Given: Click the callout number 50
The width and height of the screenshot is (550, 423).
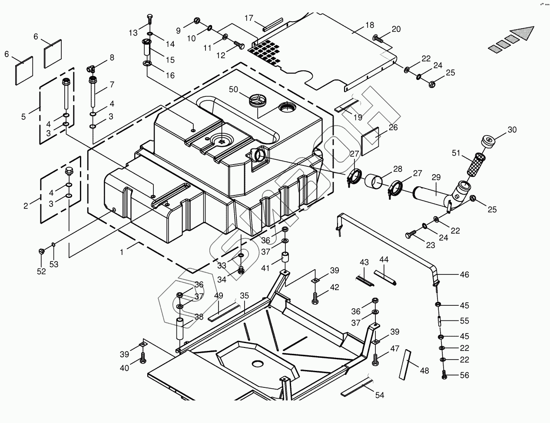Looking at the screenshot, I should pyautogui.click(x=234, y=89).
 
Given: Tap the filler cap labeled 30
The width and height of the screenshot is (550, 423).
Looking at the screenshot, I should pyautogui.click(x=489, y=142).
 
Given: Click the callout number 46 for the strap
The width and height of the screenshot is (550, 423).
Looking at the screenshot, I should pyautogui.click(x=464, y=274).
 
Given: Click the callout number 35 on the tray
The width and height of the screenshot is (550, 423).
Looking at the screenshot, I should pyautogui.click(x=245, y=296).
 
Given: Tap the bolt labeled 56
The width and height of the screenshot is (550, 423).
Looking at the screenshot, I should pyautogui.click(x=444, y=374).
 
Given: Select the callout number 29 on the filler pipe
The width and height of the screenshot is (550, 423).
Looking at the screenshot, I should pyautogui.click(x=436, y=178).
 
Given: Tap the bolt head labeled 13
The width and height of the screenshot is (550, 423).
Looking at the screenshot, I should pyautogui.click(x=149, y=19).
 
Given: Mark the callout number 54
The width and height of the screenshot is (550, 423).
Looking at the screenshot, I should pyautogui.click(x=380, y=395).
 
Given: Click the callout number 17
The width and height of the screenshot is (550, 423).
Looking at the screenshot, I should pyautogui.click(x=248, y=18).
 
